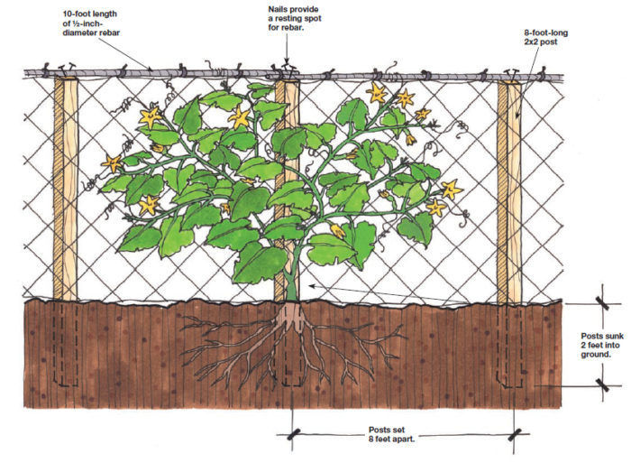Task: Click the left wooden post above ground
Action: (x=65, y=190)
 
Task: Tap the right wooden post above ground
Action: (x=510, y=190)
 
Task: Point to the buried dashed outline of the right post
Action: (x=510, y=347)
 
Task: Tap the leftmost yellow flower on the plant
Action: (x=112, y=163)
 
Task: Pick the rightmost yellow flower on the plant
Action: (x=451, y=190)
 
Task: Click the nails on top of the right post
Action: (x=511, y=71)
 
